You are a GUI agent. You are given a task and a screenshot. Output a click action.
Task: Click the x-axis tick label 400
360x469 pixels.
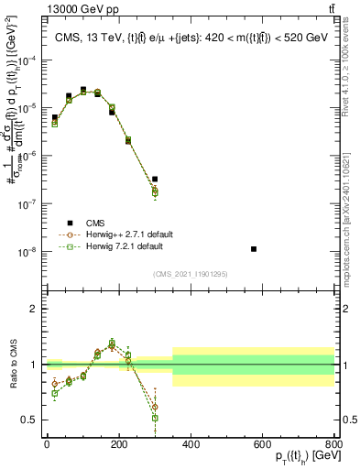(191, 444)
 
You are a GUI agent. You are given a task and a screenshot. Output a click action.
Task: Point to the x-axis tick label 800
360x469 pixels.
(334, 444)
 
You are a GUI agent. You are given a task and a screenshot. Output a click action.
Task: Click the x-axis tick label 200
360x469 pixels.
(119, 444)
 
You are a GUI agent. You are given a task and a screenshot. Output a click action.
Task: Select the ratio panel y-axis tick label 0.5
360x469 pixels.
(32, 420)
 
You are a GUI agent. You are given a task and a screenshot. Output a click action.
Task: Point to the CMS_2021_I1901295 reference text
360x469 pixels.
(191, 274)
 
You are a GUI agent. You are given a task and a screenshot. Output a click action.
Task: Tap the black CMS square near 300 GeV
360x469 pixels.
(155, 179)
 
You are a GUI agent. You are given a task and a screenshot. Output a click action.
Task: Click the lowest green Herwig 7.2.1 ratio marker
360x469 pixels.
(155, 418)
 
